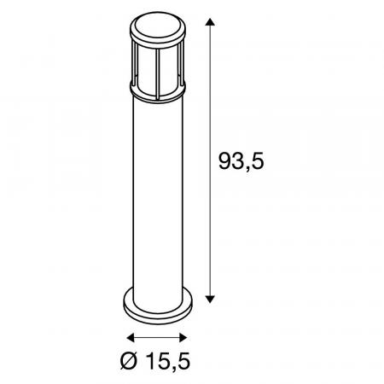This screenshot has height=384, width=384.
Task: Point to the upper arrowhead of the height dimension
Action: (209, 20)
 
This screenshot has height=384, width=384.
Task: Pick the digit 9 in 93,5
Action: (226, 162)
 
